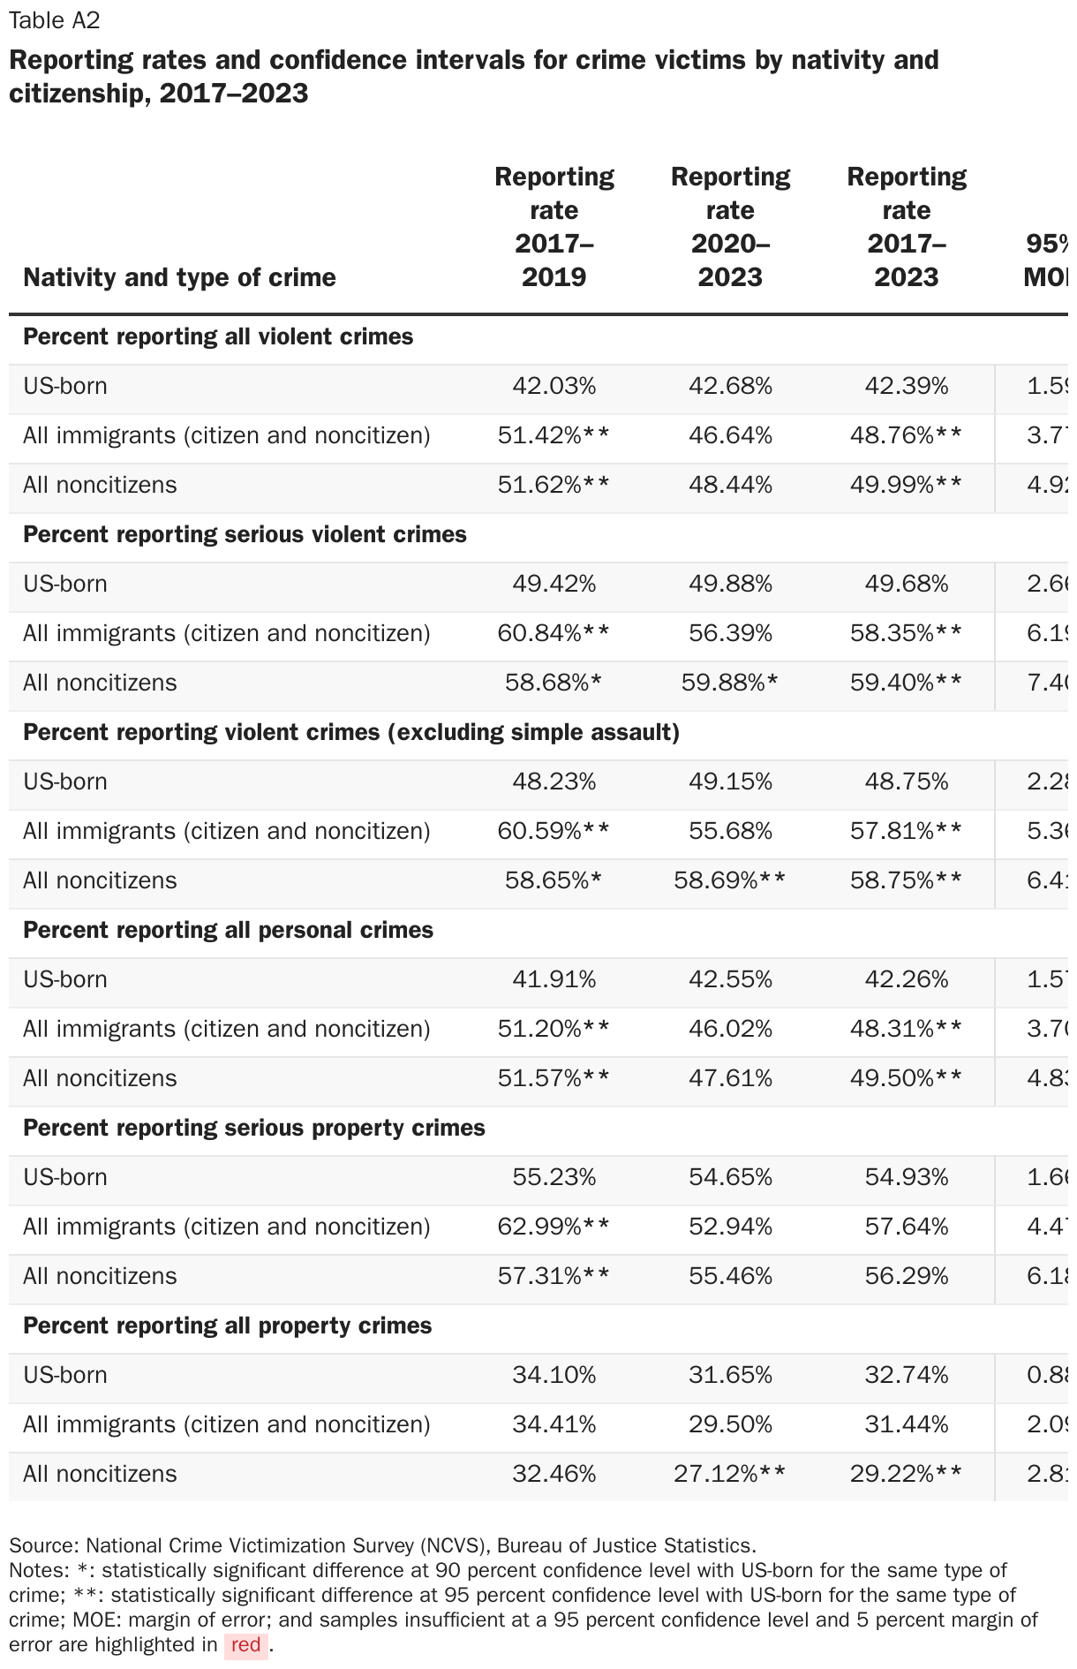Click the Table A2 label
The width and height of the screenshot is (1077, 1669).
(55, 20)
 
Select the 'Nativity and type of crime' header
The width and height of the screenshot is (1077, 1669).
(179, 277)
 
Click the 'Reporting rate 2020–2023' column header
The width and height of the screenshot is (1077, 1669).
(730, 227)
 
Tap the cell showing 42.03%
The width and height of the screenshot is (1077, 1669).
(554, 386)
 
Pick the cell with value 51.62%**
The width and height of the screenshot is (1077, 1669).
(554, 485)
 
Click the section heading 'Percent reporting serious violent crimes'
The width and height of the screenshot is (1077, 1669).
(245, 534)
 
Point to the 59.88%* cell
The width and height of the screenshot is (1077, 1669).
(730, 683)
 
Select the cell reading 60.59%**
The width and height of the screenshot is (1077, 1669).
(554, 831)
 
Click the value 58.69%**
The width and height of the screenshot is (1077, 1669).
(730, 880)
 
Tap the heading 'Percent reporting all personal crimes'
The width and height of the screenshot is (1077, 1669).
(228, 930)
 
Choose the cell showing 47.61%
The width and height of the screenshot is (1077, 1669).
(730, 1078)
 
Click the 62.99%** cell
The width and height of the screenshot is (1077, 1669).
(554, 1227)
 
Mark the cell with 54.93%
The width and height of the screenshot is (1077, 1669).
(907, 1177)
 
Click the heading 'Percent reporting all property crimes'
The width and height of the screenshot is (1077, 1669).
(227, 1325)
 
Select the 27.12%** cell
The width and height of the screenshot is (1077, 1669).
(730, 1474)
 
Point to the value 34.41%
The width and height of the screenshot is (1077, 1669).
(554, 1424)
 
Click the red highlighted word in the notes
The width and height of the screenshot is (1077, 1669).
(245, 1644)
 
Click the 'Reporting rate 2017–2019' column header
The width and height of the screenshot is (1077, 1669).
(554, 227)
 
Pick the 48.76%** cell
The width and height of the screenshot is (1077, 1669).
(907, 435)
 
